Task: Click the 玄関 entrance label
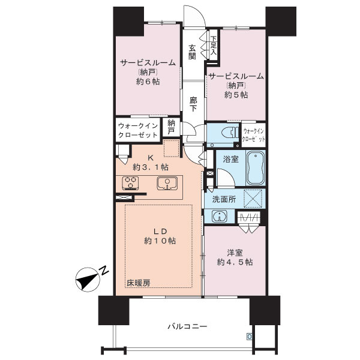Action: (192, 52)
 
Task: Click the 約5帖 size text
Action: (235, 94)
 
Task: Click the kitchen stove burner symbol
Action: (131, 182)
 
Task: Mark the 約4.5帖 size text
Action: (235, 262)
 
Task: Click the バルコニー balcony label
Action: (187, 326)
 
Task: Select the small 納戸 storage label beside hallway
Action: (171, 127)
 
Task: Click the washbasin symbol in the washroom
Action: (220, 217)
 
